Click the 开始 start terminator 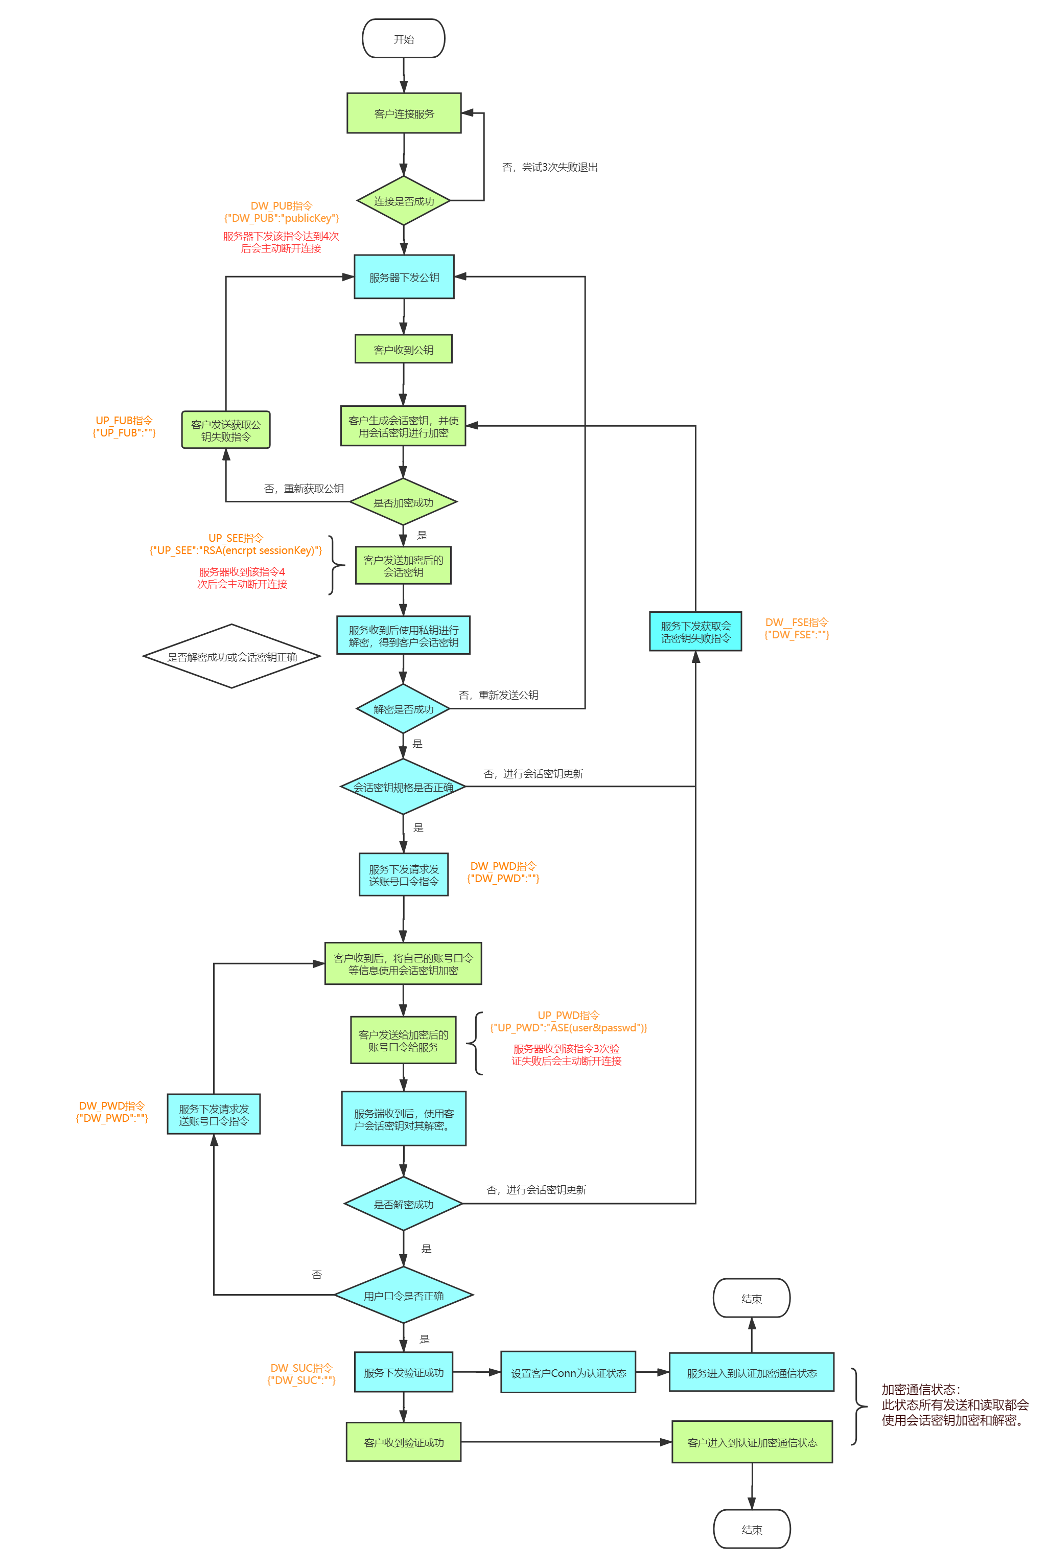(403, 39)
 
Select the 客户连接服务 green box (404, 113)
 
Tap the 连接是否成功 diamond (403, 200)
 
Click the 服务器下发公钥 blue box (404, 277)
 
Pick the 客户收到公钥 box (403, 349)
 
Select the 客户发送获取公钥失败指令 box (226, 430)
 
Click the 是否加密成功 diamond (403, 502)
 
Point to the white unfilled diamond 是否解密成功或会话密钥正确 (231, 656)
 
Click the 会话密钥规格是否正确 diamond (403, 787)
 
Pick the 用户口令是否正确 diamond (403, 1295)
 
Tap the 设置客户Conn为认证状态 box (568, 1372)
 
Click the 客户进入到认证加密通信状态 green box (752, 1442)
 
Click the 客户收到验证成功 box (403, 1442)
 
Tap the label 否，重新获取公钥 (304, 489)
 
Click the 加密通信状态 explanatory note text (954, 1404)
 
